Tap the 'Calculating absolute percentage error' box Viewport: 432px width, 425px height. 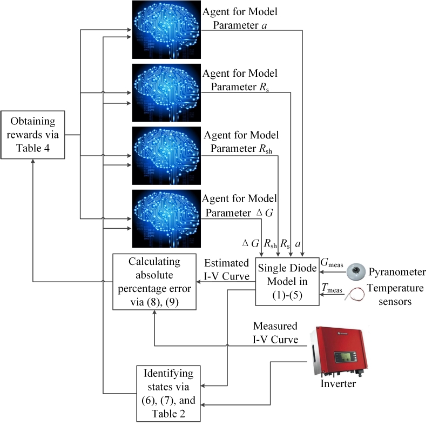[x=154, y=282]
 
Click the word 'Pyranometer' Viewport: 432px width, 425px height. [x=401, y=271]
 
